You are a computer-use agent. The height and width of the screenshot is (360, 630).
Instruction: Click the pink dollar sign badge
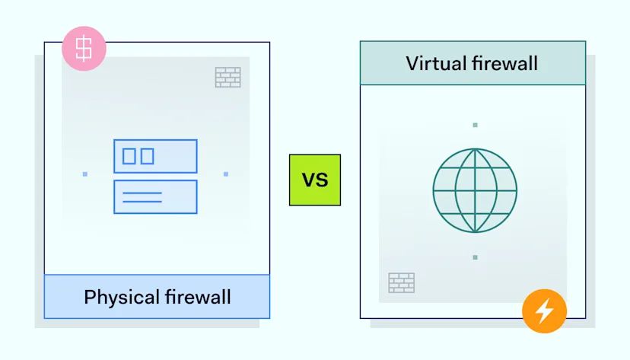click(84, 49)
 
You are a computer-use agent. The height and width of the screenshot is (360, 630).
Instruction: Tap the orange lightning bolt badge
click(544, 312)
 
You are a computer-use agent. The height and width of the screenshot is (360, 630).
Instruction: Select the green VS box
click(315, 180)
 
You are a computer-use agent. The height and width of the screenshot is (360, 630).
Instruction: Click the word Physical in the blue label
click(116, 296)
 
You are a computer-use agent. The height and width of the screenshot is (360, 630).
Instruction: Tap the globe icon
click(475, 190)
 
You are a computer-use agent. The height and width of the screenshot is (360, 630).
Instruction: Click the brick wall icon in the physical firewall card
click(228, 77)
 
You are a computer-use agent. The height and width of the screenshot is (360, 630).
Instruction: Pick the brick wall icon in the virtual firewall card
click(401, 282)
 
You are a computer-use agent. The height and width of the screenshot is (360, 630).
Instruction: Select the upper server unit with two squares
click(155, 156)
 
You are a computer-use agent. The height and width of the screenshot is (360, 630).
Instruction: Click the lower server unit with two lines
click(155, 196)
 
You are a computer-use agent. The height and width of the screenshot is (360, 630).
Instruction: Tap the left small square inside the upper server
click(129, 156)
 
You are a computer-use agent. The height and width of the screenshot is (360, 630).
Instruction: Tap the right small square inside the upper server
click(147, 156)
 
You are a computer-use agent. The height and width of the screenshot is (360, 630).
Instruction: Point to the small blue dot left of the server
click(85, 174)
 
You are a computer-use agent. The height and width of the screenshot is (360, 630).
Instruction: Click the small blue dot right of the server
click(226, 174)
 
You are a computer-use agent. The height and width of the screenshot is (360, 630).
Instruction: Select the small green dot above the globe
click(475, 125)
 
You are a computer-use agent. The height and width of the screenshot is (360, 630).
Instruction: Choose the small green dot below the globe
click(475, 257)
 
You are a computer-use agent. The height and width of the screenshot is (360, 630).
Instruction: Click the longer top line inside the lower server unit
click(142, 193)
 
